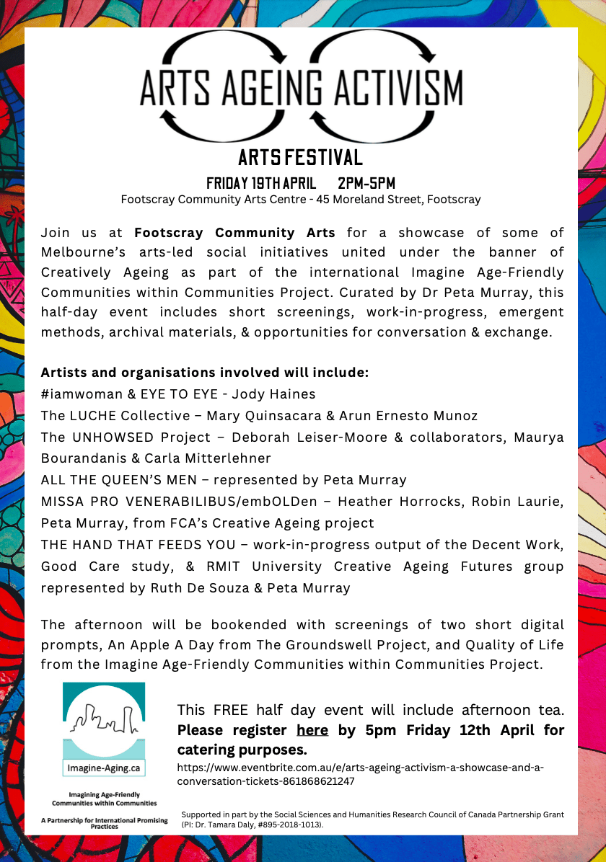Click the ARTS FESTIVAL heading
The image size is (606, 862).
tap(300, 156)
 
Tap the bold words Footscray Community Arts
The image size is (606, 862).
tap(234, 233)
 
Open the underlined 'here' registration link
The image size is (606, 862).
tap(312, 730)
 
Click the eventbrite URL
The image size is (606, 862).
tap(361, 774)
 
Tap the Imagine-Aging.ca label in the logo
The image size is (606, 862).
tap(104, 768)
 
